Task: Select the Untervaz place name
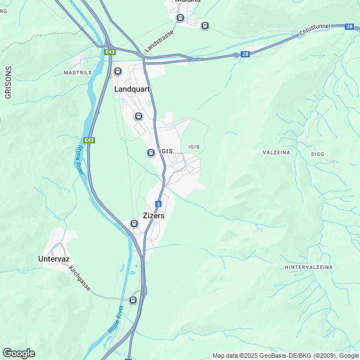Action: coord(53,259)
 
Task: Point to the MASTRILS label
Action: coord(78,73)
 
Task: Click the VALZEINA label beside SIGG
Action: coord(277,152)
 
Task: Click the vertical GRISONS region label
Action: coord(8,83)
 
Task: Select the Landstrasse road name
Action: coord(159,42)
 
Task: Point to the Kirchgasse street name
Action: coord(79,278)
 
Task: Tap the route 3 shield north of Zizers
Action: coord(159,204)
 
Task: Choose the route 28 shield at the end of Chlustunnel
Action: coord(350,26)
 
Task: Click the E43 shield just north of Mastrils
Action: coord(110,52)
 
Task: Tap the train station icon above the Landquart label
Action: coord(118,71)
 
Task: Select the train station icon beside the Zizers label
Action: coord(134,223)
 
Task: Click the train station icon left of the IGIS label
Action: coord(151,152)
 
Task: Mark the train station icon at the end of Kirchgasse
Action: coord(133,300)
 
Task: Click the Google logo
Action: coord(18,353)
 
